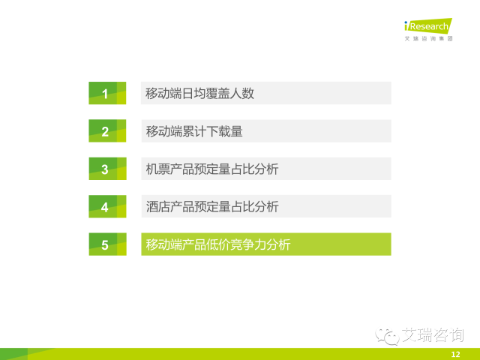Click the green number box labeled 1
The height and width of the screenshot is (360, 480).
pyautogui.click(x=107, y=93)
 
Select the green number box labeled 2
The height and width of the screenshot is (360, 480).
pyautogui.click(x=107, y=130)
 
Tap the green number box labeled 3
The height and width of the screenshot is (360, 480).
pyautogui.click(x=107, y=169)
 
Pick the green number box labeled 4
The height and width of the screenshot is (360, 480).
pyautogui.click(x=107, y=206)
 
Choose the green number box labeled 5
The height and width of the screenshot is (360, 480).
pyautogui.click(x=107, y=244)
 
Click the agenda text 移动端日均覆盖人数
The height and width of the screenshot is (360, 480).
pyautogui.click(x=200, y=93)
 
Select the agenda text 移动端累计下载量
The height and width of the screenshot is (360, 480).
pyautogui.click(x=194, y=131)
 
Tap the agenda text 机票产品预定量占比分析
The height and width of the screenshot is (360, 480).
pyautogui.click(x=212, y=169)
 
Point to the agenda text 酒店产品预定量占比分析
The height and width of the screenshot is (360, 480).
pyautogui.click(x=212, y=207)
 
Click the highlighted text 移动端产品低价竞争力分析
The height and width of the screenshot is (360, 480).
pyautogui.click(x=218, y=244)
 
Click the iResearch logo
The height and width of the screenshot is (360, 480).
pyautogui.click(x=428, y=25)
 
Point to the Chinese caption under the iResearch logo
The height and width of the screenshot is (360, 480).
pyautogui.click(x=428, y=38)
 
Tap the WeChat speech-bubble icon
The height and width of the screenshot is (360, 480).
pyautogui.click(x=387, y=336)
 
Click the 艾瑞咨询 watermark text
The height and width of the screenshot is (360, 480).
pyautogui.click(x=433, y=334)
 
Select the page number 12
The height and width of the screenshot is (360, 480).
pyautogui.click(x=455, y=355)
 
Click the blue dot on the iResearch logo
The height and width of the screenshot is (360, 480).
pyautogui.click(x=406, y=22)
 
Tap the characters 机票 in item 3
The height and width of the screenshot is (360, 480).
pyautogui.click(x=157, y=169)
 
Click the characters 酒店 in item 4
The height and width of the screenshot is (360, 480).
pyautogui.click(x=157, y=207)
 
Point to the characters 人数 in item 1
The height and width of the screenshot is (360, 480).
pyautogui.click(x=242, y=93)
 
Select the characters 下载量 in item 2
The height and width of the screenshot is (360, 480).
pyautogui.click(x=225, y=131)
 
